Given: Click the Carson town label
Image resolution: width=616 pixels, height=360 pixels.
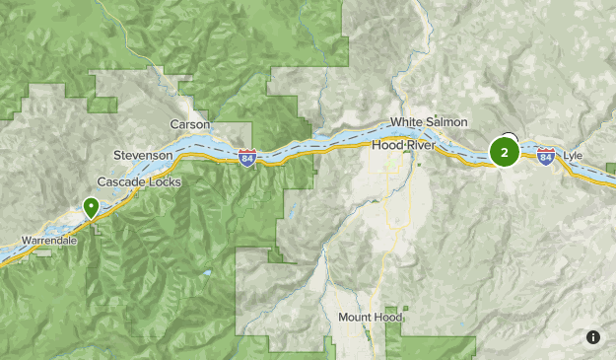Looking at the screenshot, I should tap(190, 124).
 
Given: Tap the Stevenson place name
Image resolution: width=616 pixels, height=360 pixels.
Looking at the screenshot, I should tap(143, 156).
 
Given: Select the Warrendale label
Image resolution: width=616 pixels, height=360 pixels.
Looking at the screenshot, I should tap(48, 241).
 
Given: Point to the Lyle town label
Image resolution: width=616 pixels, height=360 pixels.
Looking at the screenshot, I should tap(573, 156).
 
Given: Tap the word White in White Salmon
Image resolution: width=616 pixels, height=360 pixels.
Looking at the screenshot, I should tap(406, 122).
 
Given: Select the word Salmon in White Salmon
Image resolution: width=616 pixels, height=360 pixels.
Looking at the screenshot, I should tap(442, 122).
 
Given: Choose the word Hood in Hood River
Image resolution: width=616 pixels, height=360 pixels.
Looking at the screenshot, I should tap(387, 145).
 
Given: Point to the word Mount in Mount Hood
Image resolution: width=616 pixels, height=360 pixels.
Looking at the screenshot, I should tap(356, 318).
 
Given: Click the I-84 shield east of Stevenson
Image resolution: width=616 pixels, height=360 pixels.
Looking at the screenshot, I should tap(246, 158).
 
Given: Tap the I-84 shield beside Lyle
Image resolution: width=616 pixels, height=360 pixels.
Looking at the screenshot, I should tap(546, 156).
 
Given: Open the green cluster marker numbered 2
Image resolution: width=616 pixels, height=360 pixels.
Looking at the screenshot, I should tap(505, 152).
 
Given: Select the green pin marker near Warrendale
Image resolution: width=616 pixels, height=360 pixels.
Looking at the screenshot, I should tap(91, 207).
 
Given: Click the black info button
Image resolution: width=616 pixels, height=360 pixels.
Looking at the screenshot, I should tap(593, 337).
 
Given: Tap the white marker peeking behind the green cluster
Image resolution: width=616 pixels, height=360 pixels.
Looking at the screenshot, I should tap(510, 137).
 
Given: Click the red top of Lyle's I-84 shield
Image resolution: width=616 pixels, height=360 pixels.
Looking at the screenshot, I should tap(546, 151).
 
